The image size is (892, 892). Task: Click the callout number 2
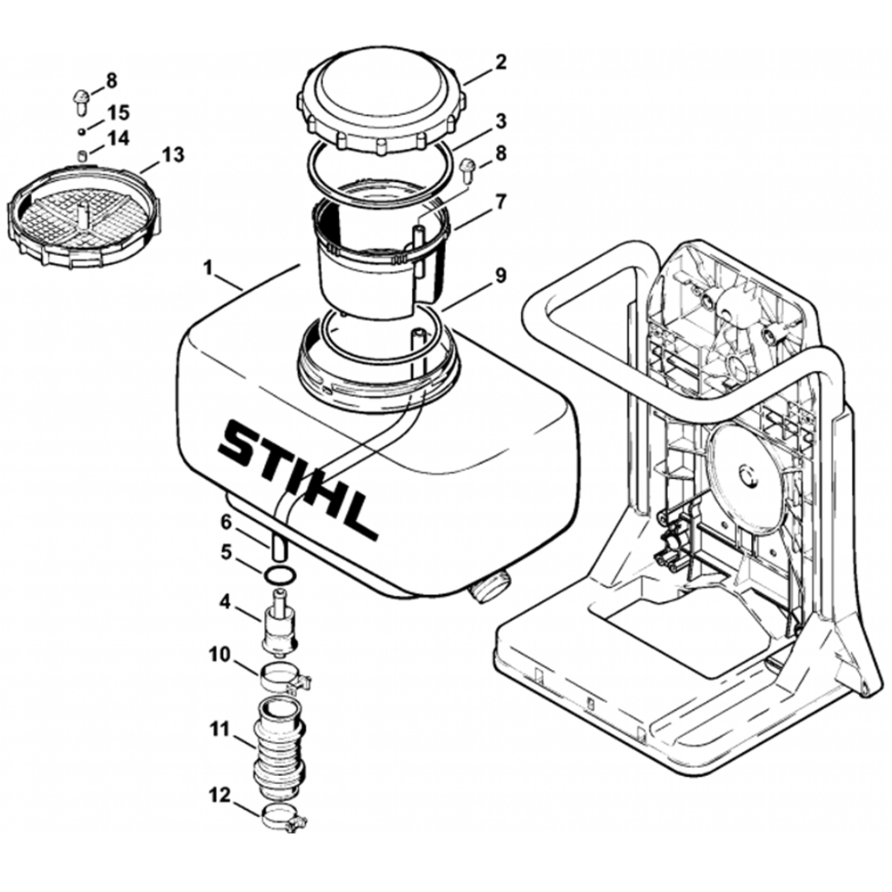click(500, 62)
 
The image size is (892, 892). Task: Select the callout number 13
click(173, 155)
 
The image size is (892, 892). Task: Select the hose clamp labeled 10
click(283, 676)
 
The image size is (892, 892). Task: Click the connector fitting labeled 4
click(278, 623)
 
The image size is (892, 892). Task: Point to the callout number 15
click(119, 113)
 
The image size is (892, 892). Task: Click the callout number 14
click(118, 138)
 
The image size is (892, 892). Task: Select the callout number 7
click(500, 202)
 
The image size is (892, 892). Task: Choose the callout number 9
click(500, 276)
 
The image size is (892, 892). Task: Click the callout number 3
click(500, 119)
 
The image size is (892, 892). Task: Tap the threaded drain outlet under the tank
click(491, 588)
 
